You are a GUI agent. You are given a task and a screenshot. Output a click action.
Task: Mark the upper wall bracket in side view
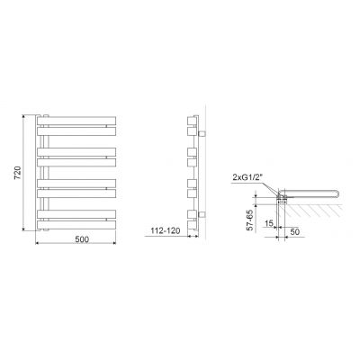click(202, 133)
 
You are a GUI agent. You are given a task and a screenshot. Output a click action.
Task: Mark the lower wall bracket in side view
click(202, 212)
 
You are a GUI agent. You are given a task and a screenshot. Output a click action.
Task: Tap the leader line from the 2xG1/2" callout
click(270, 183)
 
